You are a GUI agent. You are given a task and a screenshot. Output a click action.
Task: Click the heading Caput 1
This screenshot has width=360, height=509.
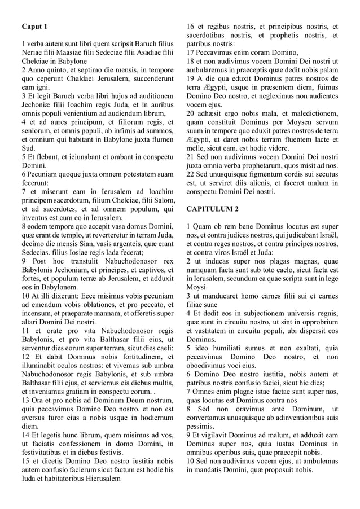[x=34, y=27]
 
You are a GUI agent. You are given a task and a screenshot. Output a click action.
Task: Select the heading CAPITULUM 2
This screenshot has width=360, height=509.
[x=212, y=209]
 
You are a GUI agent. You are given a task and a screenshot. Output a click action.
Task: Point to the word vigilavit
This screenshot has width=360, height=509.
[x=218, y=435]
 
